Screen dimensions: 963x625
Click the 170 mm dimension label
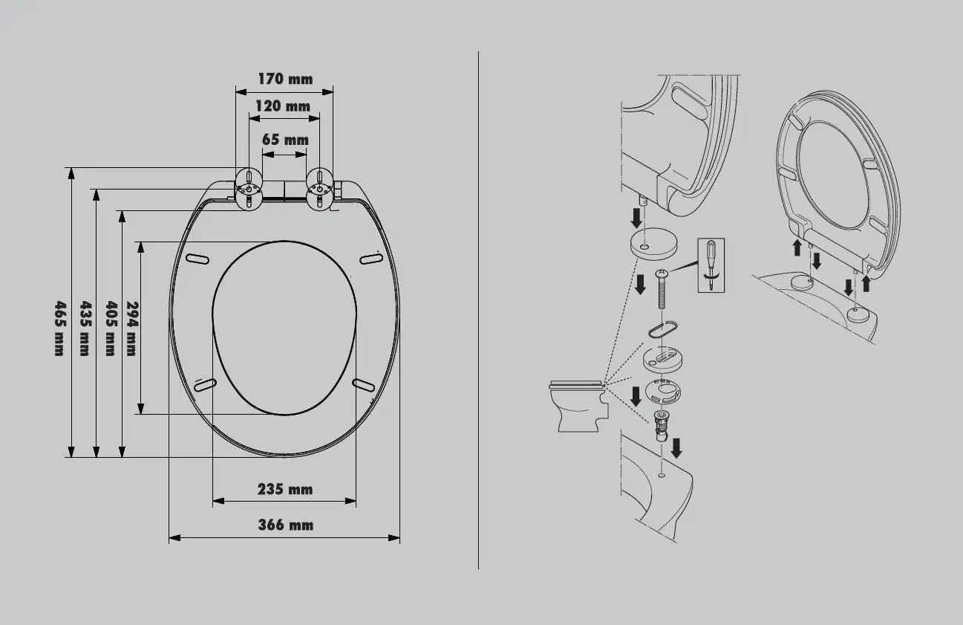[x=285, y=79]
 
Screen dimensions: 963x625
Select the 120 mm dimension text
[x=283, y=106]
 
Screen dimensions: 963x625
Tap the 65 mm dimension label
[x=285, y=140]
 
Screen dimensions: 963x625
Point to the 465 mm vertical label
[x=60, y=328]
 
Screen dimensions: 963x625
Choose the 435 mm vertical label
[x=85, y=328]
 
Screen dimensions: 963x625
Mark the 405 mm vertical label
[x=111, y=328]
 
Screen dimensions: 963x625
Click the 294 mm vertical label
[x=132, y=328]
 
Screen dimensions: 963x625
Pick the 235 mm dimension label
[x=285, y=489]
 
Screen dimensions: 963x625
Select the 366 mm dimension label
[x=285, y=525]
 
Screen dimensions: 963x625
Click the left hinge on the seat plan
[x=249, y=189]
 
